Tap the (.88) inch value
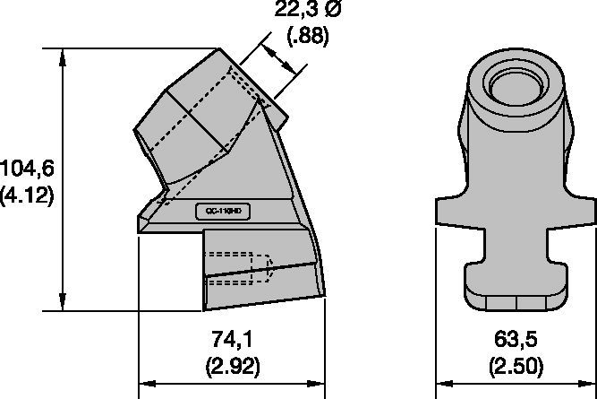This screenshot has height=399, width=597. (x=307, y=37)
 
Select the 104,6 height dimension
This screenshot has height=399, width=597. (x=28, y=167)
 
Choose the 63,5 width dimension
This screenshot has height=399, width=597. (x=516, y=340)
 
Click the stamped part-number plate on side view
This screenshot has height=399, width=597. (x=225, y=212)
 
